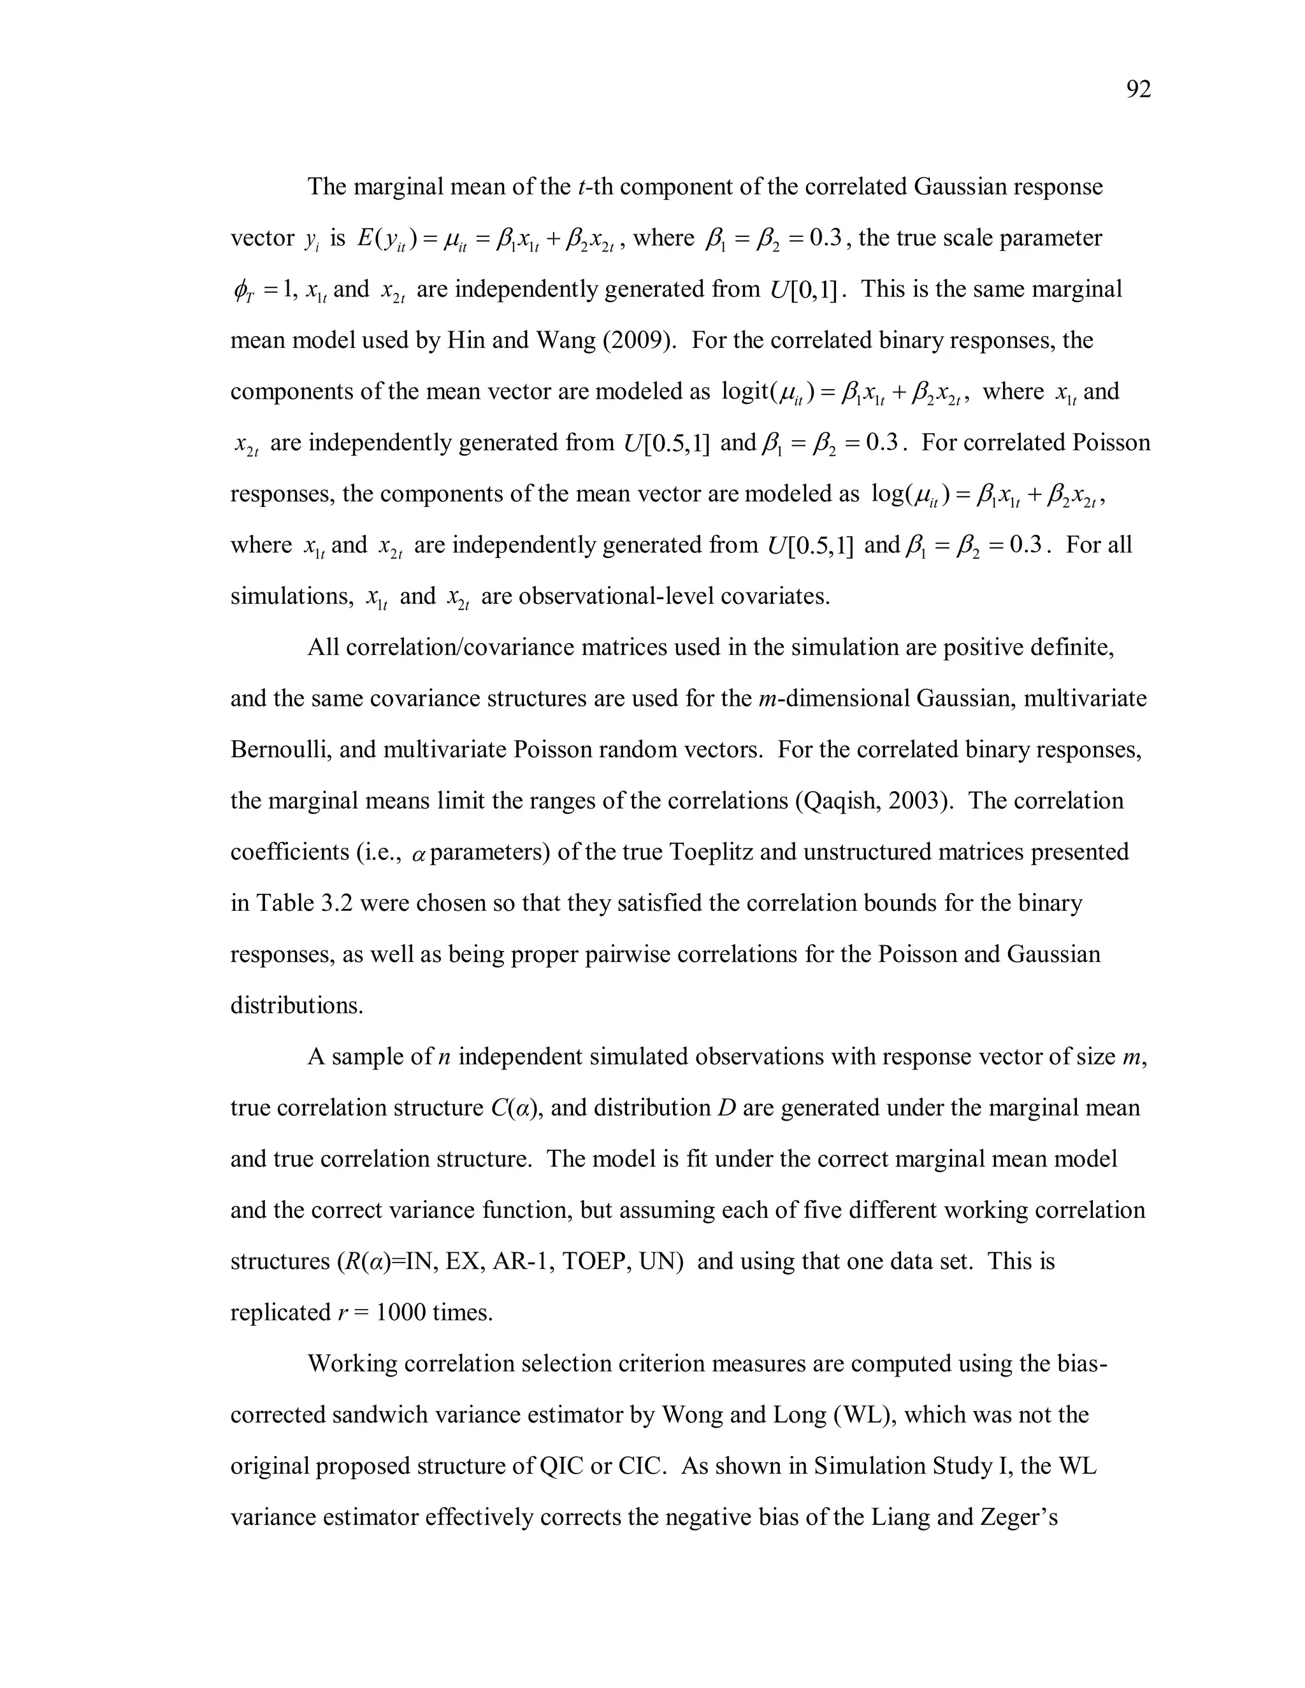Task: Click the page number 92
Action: pyautogui.click(x=1138, y=90)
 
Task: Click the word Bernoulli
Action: pyautogui.click(x=278, y=750)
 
